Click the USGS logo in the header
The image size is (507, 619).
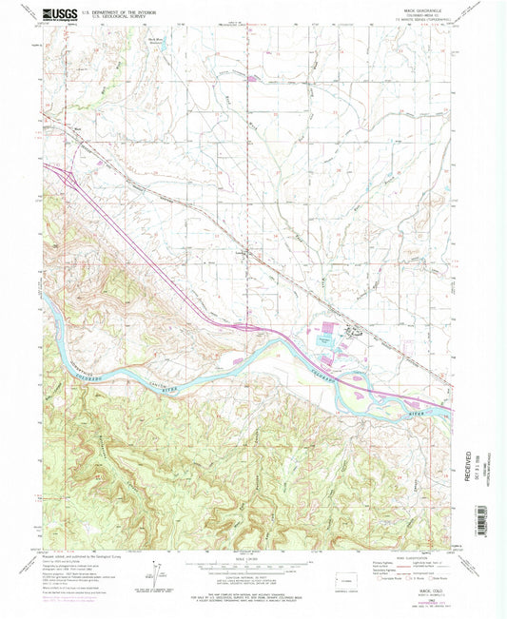tap(58, 13)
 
